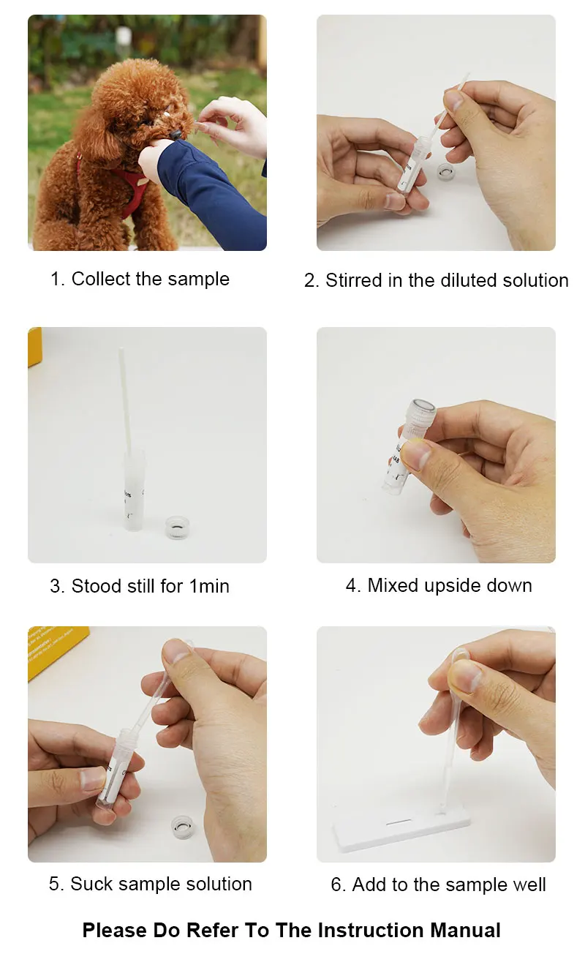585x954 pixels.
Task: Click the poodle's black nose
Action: point(175,135)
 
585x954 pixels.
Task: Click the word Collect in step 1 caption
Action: point(101,279)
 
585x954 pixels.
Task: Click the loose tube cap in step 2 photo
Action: point(446,171)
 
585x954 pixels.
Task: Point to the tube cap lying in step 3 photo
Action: point(177,527)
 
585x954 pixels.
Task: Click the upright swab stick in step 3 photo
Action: point(125,400)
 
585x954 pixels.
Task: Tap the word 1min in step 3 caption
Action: point(209,586)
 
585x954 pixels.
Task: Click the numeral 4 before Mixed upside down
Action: point(351,585)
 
